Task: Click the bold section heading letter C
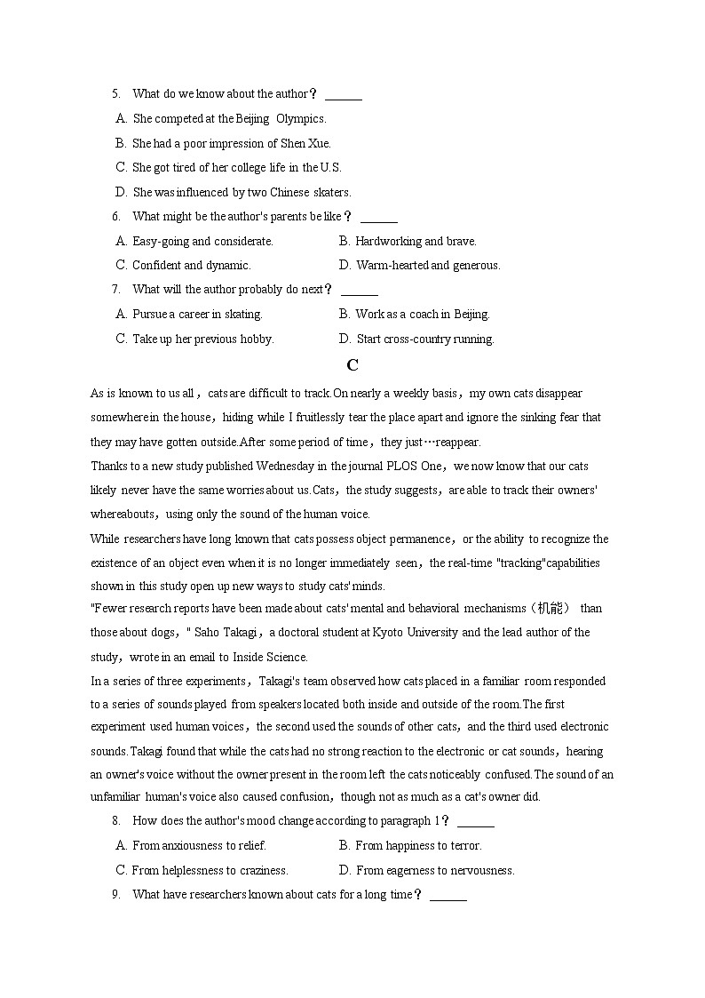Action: pos(352,365)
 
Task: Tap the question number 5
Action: pos(115,94)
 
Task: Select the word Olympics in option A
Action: pos(301,118)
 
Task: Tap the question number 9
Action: pos(115,895)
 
